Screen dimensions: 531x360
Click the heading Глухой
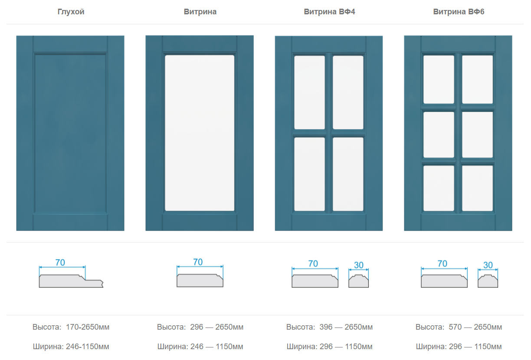pos(71,12)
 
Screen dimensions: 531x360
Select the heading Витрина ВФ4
pos(329,12)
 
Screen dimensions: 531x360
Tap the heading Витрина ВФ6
pos(459,12)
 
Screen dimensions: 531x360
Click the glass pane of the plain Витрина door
pos(200,133)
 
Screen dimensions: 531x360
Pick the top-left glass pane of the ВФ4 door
pos(309,92)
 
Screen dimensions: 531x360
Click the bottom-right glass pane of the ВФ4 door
pos(348,174)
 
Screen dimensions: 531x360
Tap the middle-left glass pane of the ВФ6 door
pos(439,134)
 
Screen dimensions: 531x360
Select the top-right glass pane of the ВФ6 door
pos(477,79)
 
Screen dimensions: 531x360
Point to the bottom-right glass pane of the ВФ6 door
pos(477,188)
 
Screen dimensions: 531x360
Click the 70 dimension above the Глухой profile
pos(60,262)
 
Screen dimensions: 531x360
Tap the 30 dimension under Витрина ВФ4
pos(359,265)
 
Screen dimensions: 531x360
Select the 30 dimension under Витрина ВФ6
pos(488,265)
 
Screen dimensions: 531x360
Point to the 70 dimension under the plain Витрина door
pos(198,262)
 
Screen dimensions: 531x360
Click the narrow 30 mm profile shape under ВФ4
pos(359,281)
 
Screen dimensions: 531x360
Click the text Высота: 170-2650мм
pos(71,327)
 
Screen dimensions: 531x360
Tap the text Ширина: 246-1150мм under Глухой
pos(71,347)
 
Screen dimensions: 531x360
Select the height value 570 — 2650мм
pos(475,327)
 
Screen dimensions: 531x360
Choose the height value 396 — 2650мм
pos(346,327)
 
